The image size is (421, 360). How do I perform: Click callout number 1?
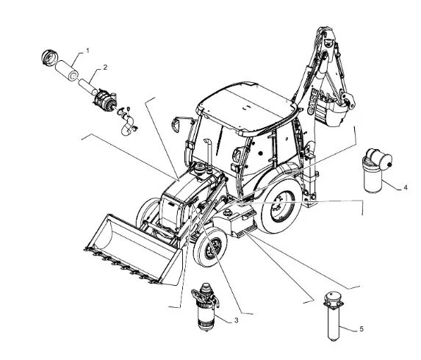(x=87, y=51)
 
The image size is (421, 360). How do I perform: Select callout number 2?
(x=105, y=68)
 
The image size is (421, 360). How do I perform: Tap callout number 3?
(x=236, y=320)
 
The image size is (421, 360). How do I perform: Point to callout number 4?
(x=406, y=187)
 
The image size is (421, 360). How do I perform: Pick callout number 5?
(x=361, y=328)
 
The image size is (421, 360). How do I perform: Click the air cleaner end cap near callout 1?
(x=50, y=58)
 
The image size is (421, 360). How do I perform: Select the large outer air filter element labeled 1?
(x=67, y=71)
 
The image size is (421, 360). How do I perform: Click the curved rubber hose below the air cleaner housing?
(x=127, y=125)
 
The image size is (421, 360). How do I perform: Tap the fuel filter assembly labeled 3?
(x=205, y=306)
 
